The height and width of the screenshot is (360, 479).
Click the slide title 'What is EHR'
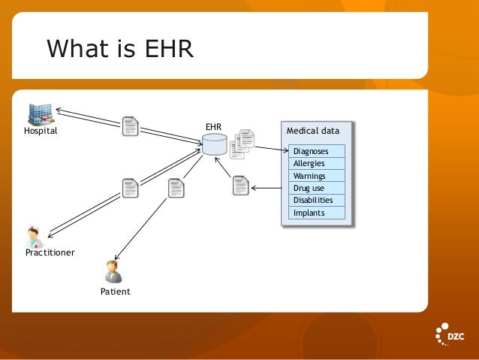pyautogui.click(x=120, y=50)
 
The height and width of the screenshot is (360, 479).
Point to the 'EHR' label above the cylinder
pyautogui.click(x=213, y=127)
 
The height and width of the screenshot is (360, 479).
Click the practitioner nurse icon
pyautogui.click(x=34, y=237)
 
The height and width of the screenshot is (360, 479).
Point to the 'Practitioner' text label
pyautogui.click(x=50, y=253)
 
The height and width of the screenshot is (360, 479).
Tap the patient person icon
pyautogui.click(x=113, y=271)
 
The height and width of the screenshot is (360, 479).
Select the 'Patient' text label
pyautogui.click(x=115, y=291)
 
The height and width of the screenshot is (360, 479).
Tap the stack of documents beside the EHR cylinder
pyautogui.click(x=242, y=144)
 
